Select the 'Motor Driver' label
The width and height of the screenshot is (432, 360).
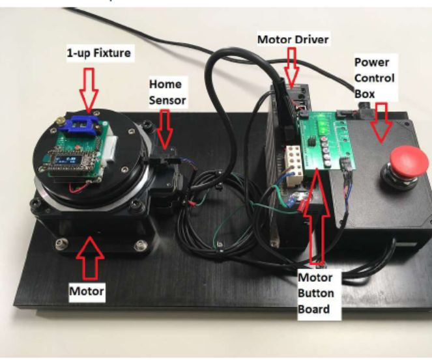tap(293, 40)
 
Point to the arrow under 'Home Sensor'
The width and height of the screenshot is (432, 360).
tap(165, 128)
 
